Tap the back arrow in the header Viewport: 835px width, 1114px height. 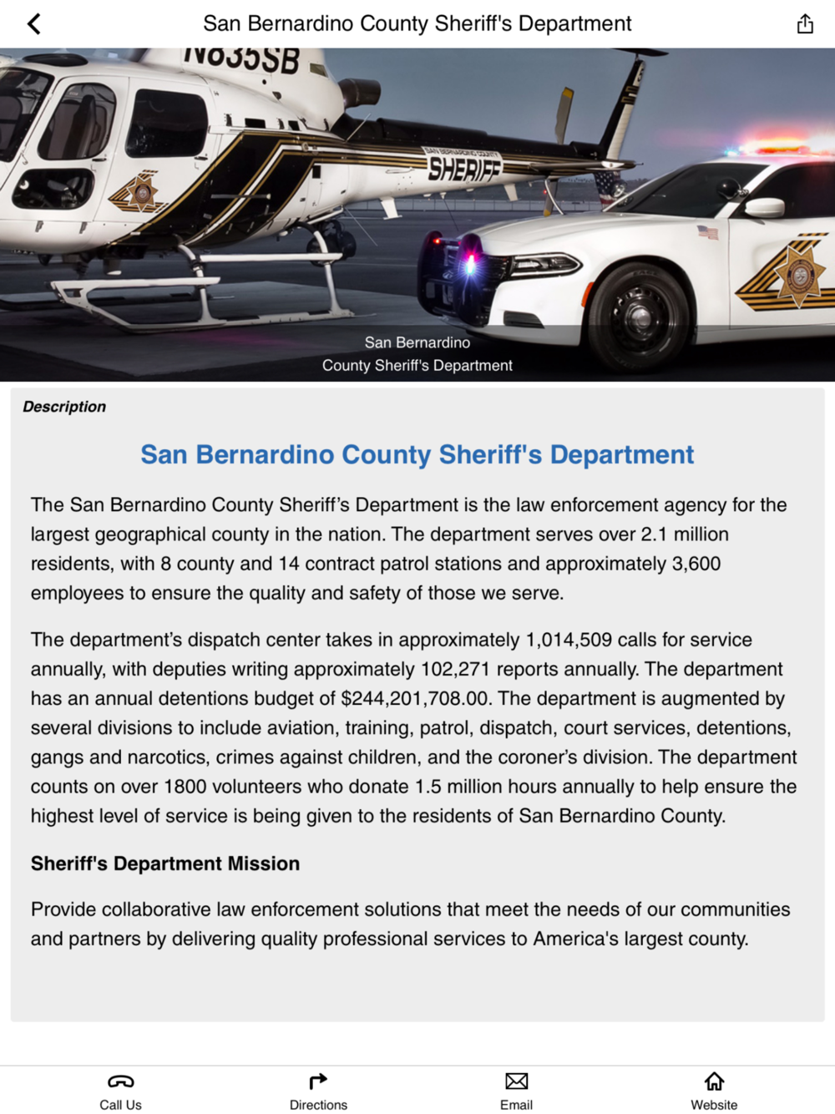(x=34, y=23)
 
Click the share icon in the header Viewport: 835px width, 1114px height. (x=804, y=23)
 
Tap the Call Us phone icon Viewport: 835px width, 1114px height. (x=120, y=1081)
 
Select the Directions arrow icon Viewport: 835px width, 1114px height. (x=318, y=1081)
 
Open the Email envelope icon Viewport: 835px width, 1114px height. (x=516, y=1081)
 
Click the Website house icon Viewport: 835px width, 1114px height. (x=714, y=1081)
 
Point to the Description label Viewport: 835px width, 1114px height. (x=64, y=407)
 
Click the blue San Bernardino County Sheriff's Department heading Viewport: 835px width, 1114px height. (x=417, y=454)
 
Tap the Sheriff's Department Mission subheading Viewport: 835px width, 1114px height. (x=165, y=863)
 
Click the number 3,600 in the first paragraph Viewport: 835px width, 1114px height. (x=696, y=564)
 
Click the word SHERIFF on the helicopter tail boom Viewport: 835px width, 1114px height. (x=464, y=169)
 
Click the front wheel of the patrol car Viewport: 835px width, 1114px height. (x=639, y=315)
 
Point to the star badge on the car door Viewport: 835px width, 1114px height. (x=797, y=273)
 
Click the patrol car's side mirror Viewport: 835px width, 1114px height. (x=763, y=208)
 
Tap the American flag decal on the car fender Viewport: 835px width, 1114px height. (x=707, y=232)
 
